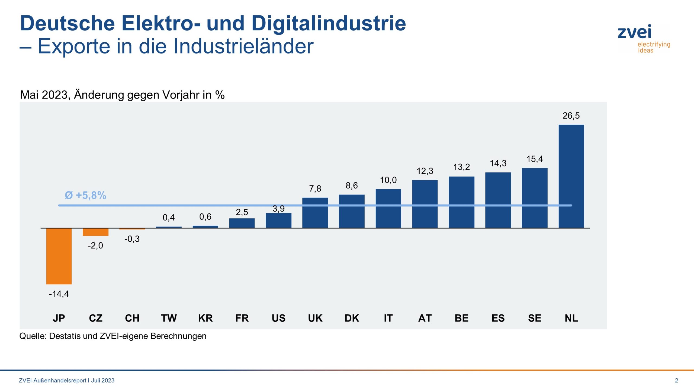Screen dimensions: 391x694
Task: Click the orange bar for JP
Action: click(59, 256)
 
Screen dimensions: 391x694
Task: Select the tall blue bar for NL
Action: click(571, 176)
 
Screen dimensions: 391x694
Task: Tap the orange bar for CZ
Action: click(95, 232)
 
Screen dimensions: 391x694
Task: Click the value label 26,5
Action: click(571, 116)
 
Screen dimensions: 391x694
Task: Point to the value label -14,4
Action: click(59, 294)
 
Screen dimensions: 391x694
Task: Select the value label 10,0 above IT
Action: click(388, 180)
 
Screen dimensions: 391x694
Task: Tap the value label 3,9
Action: click(278, 209)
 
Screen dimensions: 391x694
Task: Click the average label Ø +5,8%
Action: click(85, 195)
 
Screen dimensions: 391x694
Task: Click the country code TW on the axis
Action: click(169, 318)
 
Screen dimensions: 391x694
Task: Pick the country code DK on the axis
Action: click(352, 318)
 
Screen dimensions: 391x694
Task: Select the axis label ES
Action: click(498, 318)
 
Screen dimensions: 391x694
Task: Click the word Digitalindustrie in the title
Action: click(329, 23)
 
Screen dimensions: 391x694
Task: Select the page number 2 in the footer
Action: click(676, 380)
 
